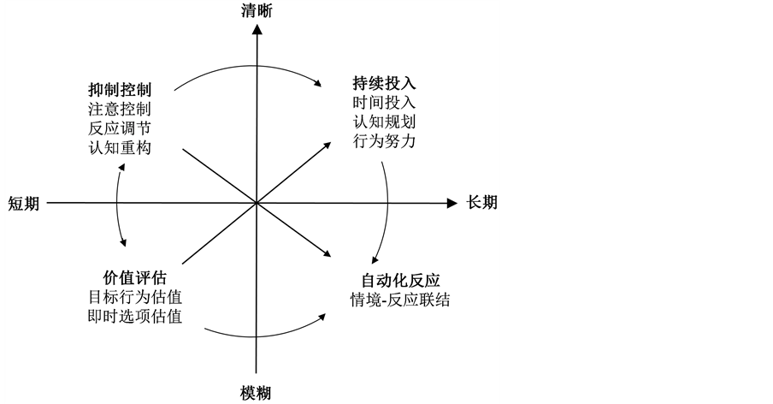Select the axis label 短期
(24, 204)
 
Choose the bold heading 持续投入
(384, 83)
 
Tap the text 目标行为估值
(135, 298)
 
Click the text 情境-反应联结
(401, 300)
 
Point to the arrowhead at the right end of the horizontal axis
(453, 204)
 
